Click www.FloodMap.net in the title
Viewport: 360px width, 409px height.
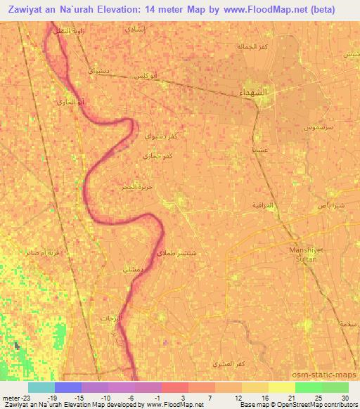pos(257,9)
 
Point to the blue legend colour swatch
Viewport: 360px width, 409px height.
pos(68,387)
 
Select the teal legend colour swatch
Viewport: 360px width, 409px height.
pos(41,387)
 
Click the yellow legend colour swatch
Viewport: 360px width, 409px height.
pos(281,387)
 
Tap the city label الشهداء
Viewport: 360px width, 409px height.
pos(253,93)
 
